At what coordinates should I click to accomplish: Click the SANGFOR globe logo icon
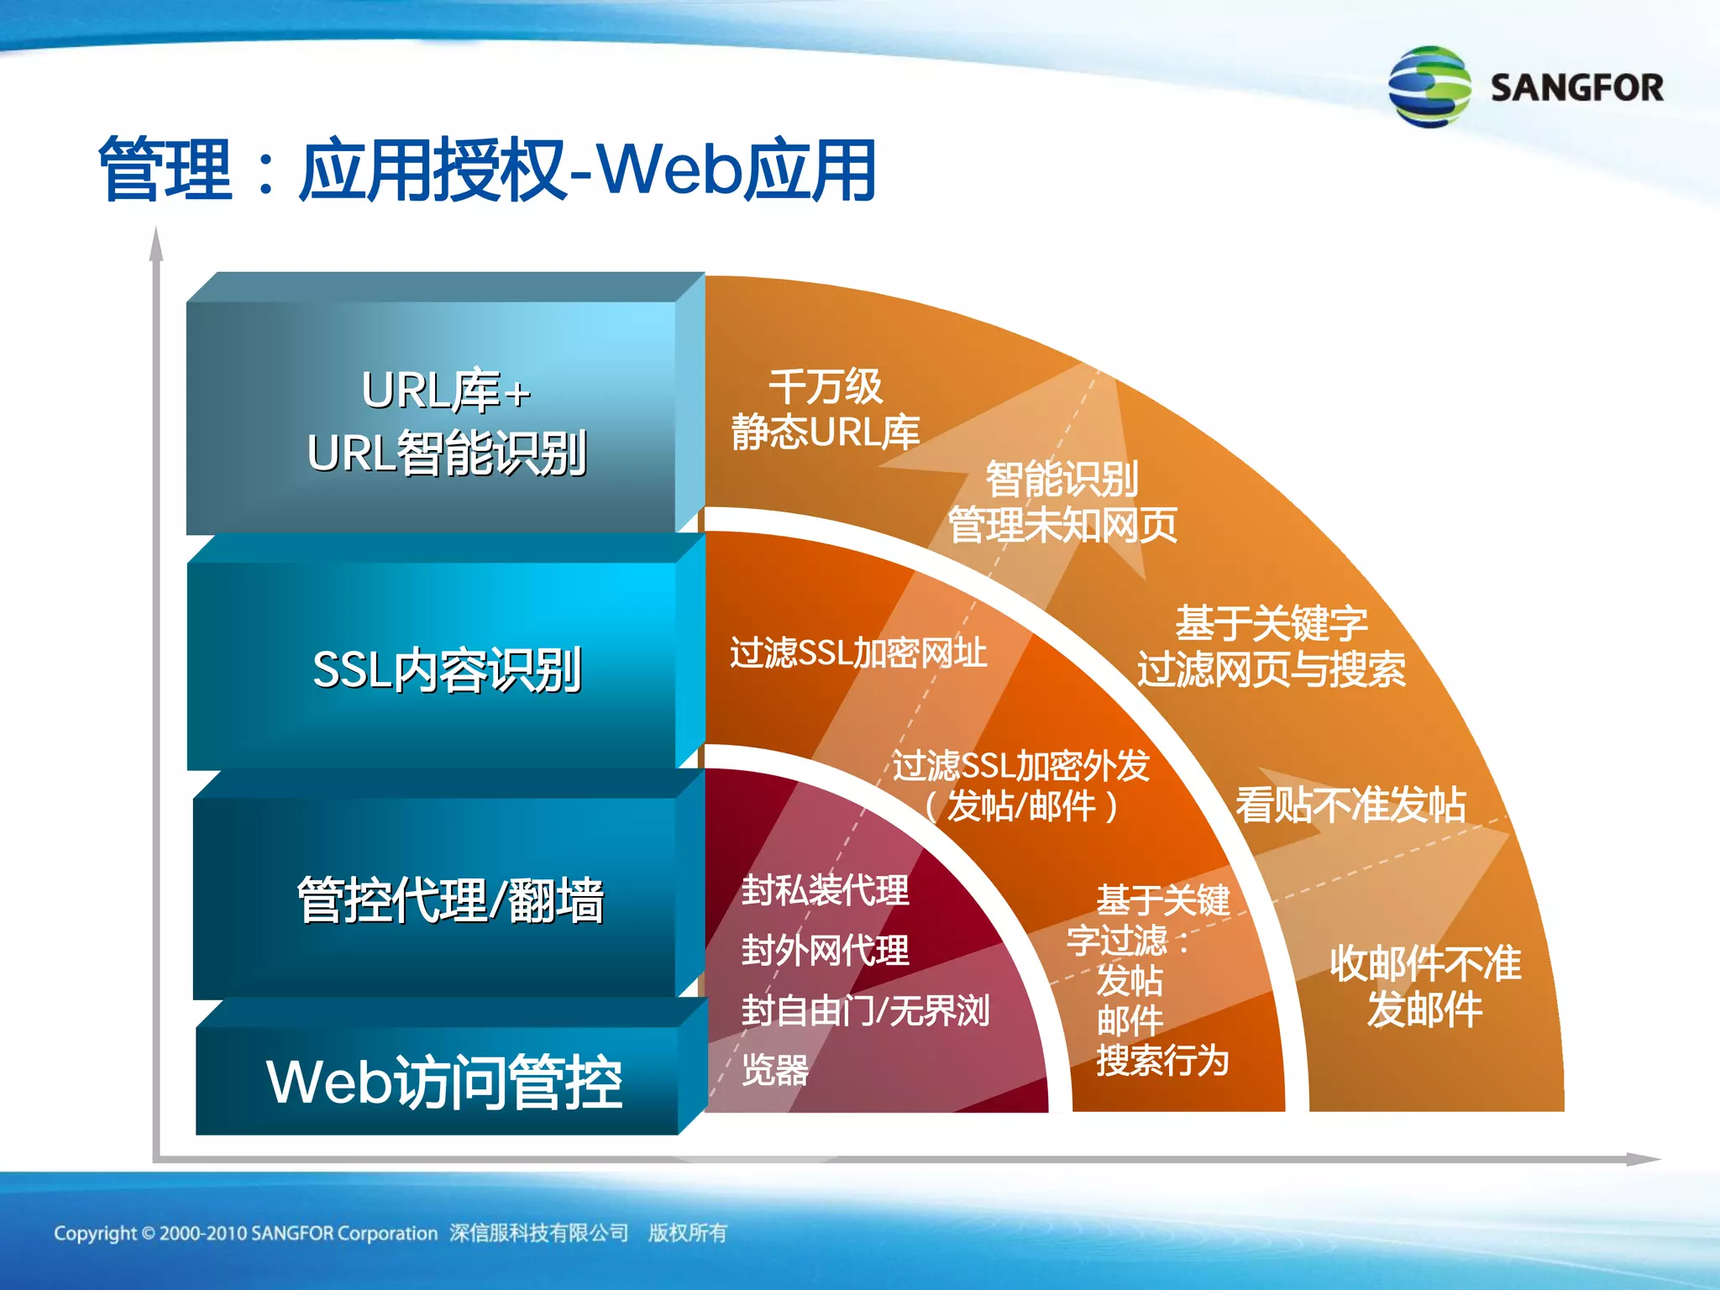[x=1429, y=87]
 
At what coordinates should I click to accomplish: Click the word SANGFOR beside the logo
[x=1576, y=88]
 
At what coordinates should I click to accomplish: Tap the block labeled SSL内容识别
[x=446, y=669]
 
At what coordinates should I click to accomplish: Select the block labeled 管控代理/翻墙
[x=449, y=899]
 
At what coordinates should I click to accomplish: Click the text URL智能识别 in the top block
[x=446, y=453]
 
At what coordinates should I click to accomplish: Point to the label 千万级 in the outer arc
[x=825, y=387]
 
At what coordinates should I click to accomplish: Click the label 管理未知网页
[x=1062, y=526]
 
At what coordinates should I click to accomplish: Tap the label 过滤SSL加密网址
[x=857, y=653]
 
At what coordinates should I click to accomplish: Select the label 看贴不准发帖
[x=1350, y=805]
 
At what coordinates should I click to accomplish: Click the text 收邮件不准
[x=1424, y=963]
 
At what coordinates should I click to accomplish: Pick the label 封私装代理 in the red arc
[x=825, y=890]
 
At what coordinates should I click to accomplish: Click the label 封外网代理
[x=825, y=951]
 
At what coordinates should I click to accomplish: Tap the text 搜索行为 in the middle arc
[x=1162, y=1061]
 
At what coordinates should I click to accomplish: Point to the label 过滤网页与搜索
[x=1270, y=669]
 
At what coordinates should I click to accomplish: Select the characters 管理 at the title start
[x=165, y=170]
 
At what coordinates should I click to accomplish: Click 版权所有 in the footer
[x=687, y=1233]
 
